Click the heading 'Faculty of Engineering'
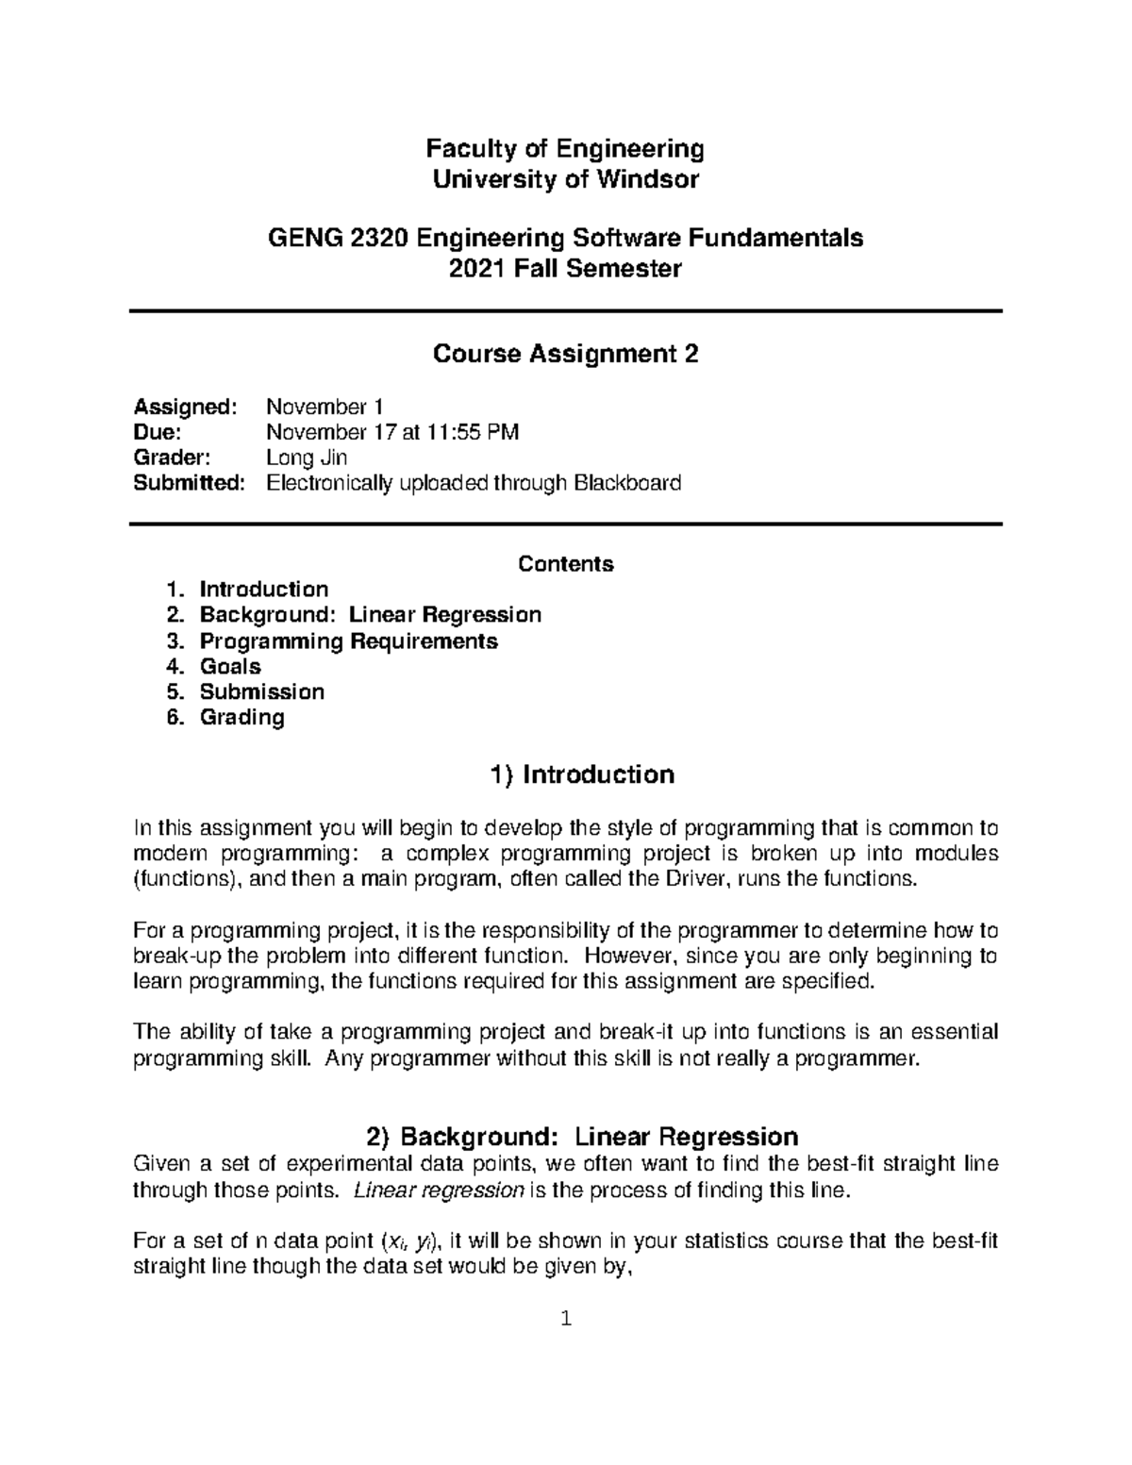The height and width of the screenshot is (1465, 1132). pos(564,149)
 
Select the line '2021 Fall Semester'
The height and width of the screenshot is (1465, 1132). pos(564,269)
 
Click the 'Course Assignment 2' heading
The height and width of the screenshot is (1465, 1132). pos(564,354)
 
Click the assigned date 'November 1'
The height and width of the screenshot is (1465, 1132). pos(325,408)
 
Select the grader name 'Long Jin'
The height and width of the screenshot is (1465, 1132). pos(308,458)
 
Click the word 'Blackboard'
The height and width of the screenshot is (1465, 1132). pos(625,484)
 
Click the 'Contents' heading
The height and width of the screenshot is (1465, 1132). pos(565,564)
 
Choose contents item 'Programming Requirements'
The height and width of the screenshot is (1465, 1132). pos(348,641)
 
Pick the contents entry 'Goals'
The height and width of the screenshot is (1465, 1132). pos(230,667)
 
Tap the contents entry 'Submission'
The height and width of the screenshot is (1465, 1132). pos(261,692)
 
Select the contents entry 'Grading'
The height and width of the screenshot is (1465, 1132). pos(241,718)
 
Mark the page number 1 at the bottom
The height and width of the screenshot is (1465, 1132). pos(565,1319)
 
